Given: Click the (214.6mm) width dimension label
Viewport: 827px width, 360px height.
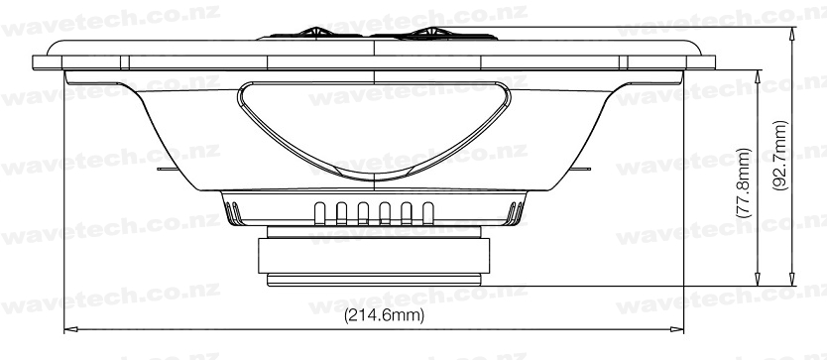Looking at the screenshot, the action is point(384,315).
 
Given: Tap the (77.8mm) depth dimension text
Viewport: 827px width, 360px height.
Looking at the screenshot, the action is point(743,183).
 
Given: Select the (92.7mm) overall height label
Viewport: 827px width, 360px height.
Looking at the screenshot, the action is point(780,155).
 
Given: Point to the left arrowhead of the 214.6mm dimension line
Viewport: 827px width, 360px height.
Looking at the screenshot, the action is point(70,329).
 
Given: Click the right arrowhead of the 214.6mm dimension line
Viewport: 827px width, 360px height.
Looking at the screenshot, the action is point(676,329).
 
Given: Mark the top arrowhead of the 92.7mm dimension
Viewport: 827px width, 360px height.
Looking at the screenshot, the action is point(791,34).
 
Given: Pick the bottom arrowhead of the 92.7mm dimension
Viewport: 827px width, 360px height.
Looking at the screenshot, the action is point(791,280).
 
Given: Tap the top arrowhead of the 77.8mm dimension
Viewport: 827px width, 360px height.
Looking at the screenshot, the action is point(758,77).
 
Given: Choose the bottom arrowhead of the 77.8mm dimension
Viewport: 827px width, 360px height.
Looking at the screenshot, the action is point(758,280).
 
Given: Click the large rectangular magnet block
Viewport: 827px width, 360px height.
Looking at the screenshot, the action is point(374,256).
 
